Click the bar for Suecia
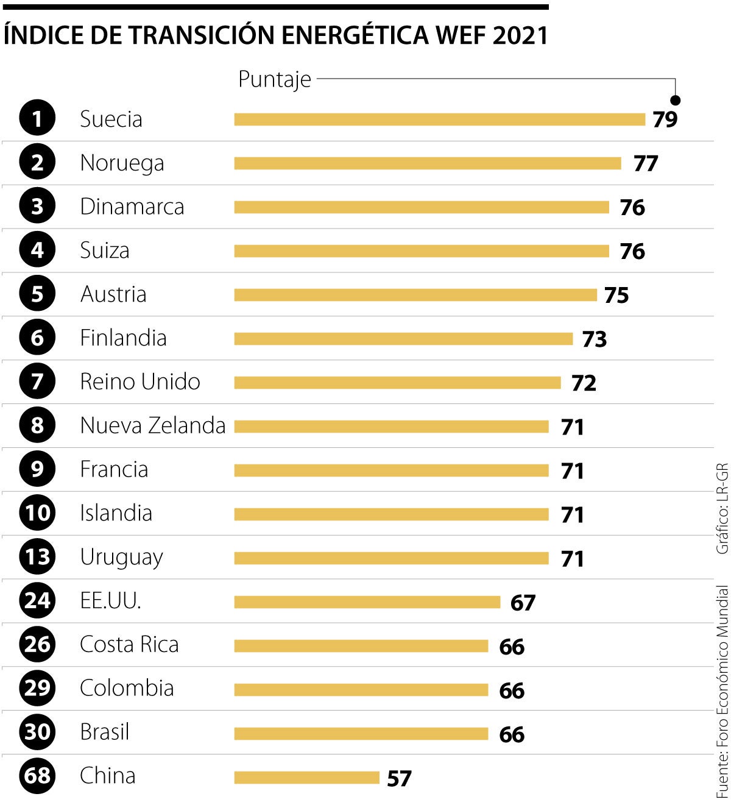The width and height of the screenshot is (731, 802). tap(439, 119)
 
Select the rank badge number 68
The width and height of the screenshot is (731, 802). tap(37, 776)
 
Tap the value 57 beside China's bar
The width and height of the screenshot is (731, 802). tap(399, 778)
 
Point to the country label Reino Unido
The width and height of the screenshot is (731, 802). tap(140, 382)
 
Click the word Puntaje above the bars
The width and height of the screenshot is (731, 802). tap(274, 79)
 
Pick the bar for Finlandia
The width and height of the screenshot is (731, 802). tap(403, 339)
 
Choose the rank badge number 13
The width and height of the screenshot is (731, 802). tap(37, 557)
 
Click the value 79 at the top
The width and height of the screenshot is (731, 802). tap(665, 120)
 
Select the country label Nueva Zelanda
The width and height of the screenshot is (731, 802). tap(153, 426)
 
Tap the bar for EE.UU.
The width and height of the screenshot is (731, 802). tap(367, 602)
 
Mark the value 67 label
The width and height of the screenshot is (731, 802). tap(523, 603)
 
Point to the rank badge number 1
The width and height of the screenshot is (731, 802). tap(37, 119)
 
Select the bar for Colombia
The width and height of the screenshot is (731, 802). tap(361, 690)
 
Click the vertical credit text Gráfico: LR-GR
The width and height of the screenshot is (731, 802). tap(722, 508)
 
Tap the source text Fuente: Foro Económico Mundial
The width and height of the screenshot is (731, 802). tap(722, 691)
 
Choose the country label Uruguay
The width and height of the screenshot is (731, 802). tap(121, 558)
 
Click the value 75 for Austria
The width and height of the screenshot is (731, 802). tap(616, 296)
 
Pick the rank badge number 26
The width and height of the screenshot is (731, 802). tap(37, 644)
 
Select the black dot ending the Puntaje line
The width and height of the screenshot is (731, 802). tap(675, 101)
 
